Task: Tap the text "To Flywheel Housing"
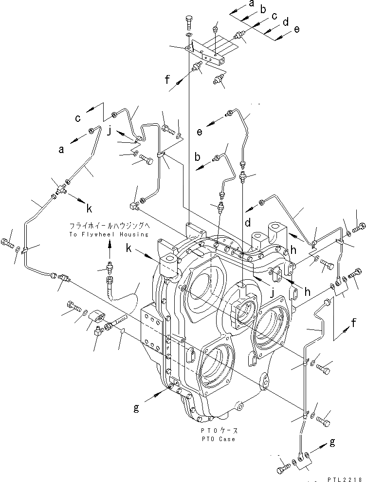[x=109, y=234]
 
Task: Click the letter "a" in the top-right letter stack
[x=251, y=4]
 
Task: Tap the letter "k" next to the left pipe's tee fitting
[x=89, y=209]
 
